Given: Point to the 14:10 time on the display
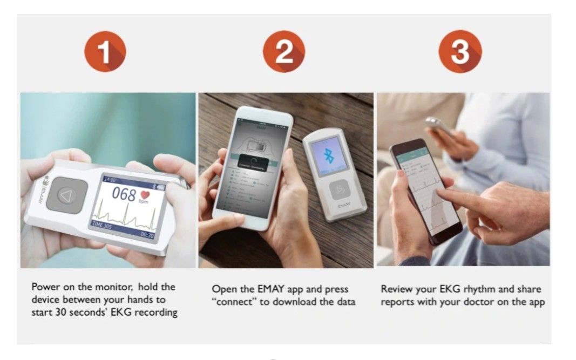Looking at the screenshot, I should (110, 179).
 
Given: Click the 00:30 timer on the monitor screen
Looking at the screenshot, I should (147, 235).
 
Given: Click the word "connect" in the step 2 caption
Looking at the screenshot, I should (235, 302).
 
